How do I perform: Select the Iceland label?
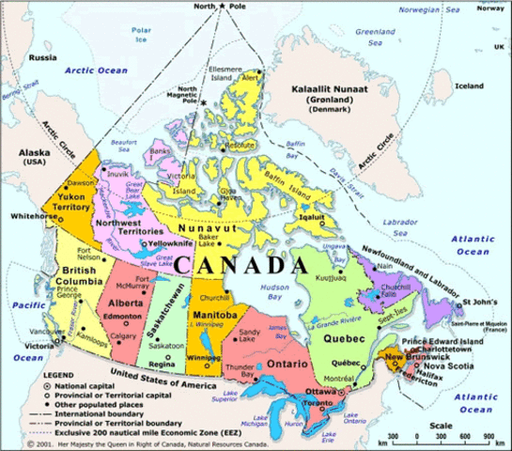pyautogui.click(x=468, y=86)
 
